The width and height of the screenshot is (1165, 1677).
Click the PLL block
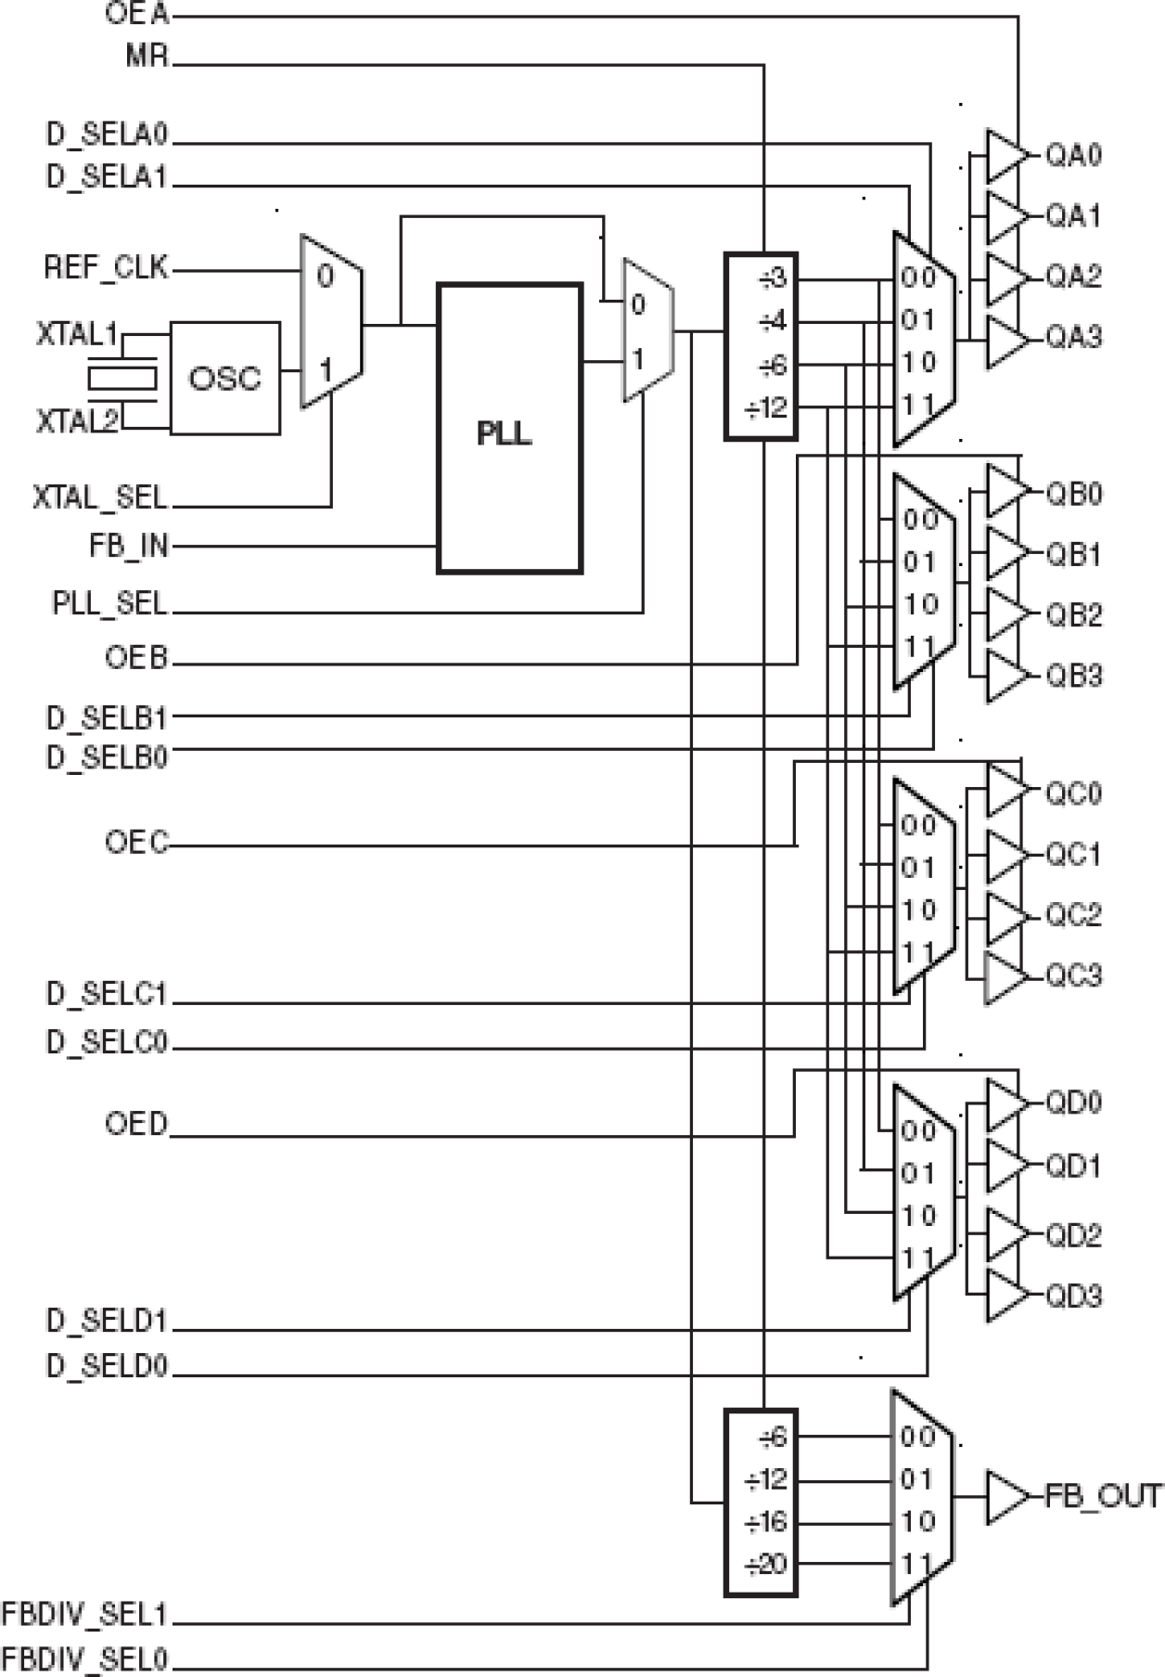(509, 429)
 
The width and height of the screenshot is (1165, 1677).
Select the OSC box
(224, 379)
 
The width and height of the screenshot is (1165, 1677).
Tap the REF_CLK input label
(106, 269)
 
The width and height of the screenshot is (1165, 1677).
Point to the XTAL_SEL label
(100, 498)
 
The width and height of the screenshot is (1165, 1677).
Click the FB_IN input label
(129, 546)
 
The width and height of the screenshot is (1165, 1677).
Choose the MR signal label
(147, 57)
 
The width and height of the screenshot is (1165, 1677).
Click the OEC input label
(136, 844)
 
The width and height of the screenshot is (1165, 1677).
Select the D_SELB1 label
(106, 717)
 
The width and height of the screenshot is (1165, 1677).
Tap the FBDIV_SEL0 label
(84, 1658)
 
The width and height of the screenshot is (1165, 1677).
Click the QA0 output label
(1073, 155)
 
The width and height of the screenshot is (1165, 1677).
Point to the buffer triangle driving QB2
(1005, 614)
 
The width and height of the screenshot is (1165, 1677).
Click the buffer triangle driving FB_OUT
(1005, 1497)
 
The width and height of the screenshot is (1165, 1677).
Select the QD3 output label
(1073, 1296)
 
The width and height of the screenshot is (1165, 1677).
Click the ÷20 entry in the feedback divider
(766, 1566)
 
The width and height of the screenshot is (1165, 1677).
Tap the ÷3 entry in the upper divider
(772, 278)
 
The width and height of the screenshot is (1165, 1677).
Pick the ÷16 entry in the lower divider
(766, 1522)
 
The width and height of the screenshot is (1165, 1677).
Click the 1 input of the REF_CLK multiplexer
(326, 371)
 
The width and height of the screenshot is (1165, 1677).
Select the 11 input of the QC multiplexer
(917, 952)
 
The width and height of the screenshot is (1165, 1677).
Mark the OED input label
(136, 1125)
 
